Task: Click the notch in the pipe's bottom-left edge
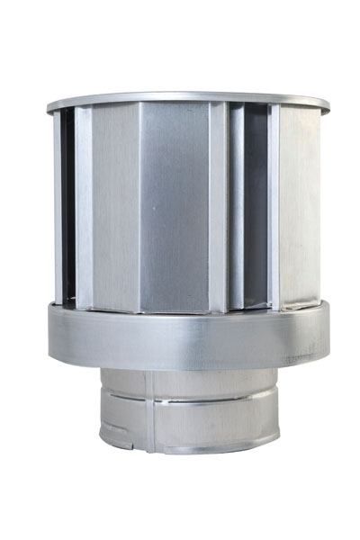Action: pyautogui.click(x=108, y=442)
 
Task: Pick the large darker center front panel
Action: pyautogui.click(x=175, y=207)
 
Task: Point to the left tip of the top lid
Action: pyautogui.click(x=49, y=108)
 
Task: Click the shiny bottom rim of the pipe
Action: pyautogui.click(x=189, y=447)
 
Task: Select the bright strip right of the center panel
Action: pyautogui.click(x=218, y=207)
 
